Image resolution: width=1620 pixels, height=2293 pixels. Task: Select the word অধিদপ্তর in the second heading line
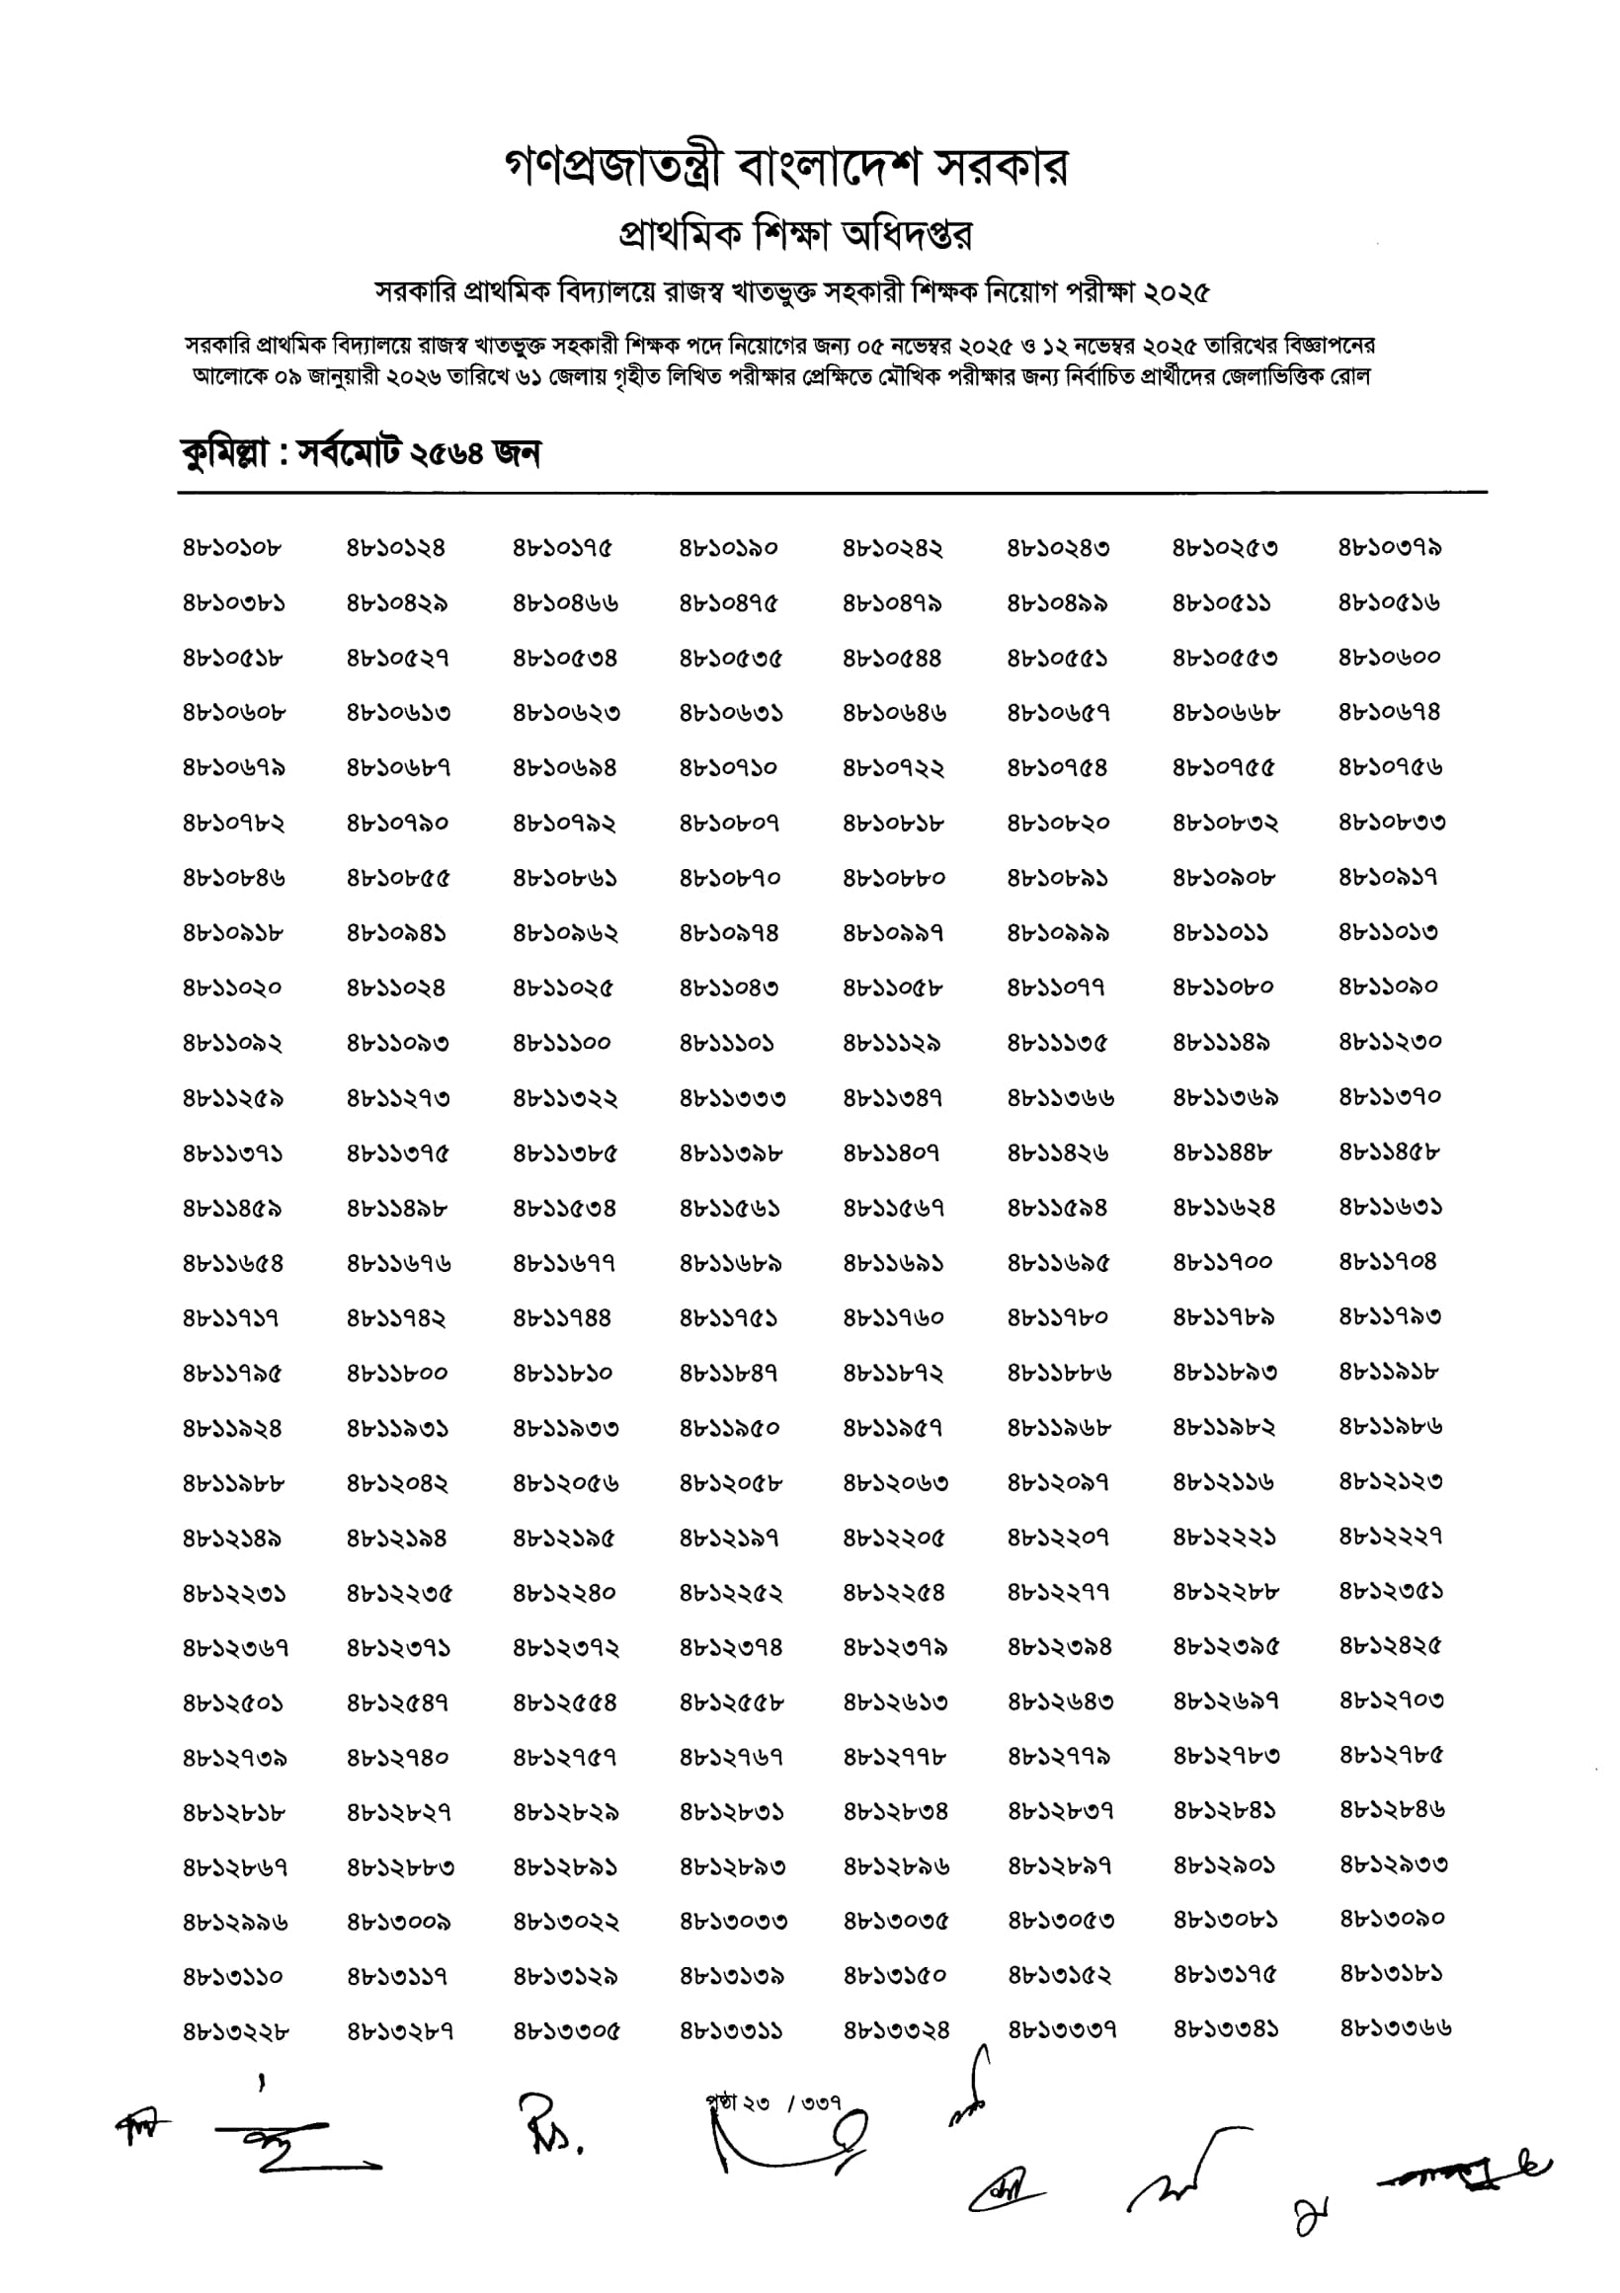[907, 236]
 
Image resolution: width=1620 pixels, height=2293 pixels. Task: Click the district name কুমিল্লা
[222, 454]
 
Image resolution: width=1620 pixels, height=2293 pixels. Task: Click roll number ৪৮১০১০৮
[233, 548]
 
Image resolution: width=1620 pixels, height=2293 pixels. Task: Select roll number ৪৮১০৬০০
[1389, 658]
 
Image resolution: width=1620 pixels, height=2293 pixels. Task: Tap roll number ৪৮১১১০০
[562, 1044]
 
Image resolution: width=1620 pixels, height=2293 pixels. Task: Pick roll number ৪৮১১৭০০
[1223, 1263]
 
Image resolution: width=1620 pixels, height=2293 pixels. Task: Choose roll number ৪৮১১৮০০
[397, 1374]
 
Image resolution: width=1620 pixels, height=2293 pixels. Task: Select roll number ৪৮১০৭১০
[728, 768]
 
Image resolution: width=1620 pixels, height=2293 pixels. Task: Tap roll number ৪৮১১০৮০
[1223, 988]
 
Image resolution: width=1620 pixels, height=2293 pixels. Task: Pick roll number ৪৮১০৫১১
[1222, 603]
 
